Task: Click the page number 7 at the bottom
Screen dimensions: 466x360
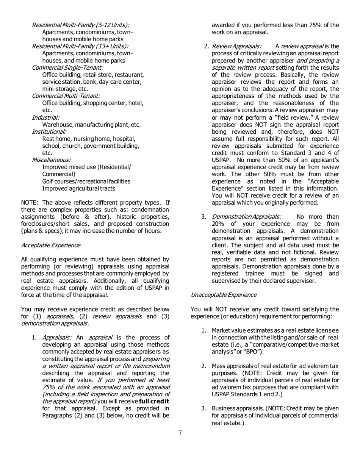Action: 180,433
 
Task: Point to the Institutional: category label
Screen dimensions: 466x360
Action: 49,131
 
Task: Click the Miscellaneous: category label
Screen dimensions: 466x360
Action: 51,160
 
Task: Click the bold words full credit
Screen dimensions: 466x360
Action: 154,401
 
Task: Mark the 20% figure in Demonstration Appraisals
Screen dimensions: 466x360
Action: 218,224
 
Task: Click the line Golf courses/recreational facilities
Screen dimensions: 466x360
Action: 86,181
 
